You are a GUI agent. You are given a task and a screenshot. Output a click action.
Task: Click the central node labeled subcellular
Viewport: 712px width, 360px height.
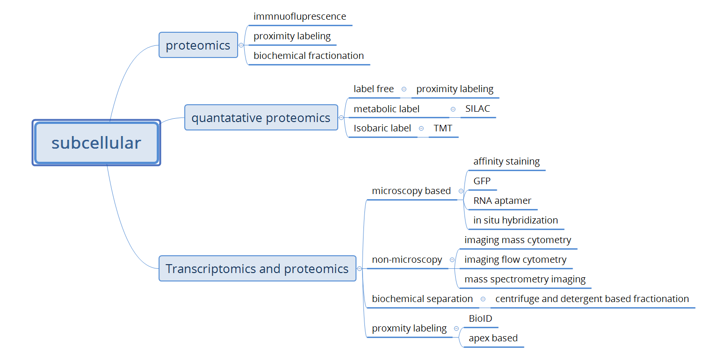click(96, 143)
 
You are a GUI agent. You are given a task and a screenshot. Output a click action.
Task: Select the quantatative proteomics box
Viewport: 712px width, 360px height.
click(261, 118)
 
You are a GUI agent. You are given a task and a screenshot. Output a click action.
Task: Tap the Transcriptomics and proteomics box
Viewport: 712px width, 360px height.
click(257, 269)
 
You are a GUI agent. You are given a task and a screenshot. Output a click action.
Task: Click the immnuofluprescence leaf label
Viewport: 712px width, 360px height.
click(300, 17)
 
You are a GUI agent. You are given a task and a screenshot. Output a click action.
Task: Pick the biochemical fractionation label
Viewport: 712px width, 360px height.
click(309, 56)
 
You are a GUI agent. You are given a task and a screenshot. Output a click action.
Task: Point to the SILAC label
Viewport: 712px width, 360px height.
click(478, 109)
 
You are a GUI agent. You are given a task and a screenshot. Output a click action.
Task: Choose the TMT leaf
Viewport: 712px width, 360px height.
click(443, 128)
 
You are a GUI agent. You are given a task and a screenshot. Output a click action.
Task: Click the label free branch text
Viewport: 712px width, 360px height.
click(374, 89)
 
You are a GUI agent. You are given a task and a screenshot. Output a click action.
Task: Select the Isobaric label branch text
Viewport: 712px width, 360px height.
click(382, 128)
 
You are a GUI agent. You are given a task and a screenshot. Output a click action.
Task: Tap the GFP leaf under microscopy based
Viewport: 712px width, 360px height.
click(482, 181)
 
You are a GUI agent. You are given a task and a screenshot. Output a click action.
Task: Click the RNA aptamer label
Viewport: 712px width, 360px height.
click(502, 201)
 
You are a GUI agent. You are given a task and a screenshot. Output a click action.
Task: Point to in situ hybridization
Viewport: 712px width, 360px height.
click(516, 220)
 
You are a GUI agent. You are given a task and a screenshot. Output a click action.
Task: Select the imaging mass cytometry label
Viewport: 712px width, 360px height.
click(518, 240)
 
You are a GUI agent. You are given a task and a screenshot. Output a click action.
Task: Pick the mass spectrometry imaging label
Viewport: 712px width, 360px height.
click(525, 280)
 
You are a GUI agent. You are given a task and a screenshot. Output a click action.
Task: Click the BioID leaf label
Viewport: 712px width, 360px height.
click(480, 319)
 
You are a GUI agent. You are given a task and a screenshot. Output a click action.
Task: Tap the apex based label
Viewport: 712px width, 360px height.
click(493, 338)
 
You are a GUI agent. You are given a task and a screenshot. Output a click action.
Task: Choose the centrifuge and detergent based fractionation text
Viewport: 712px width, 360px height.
click(592, 299)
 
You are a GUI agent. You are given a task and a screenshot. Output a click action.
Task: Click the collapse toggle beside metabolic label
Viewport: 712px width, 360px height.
click(453, 109)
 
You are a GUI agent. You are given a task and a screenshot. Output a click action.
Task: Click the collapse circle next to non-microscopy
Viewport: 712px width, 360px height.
click(452, 260)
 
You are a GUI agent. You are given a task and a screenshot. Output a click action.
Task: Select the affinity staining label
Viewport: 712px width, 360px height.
click(507, 161)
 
